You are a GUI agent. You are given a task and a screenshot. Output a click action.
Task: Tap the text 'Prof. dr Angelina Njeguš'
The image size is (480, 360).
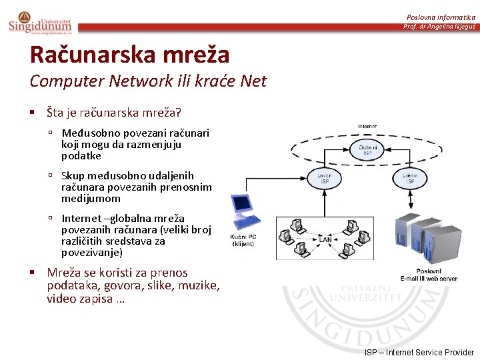click(439, 27)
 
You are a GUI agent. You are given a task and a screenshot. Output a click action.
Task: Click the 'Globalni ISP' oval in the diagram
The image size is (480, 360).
click(367, 150)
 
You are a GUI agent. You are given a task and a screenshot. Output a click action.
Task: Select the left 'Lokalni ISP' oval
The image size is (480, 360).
click(325, 178)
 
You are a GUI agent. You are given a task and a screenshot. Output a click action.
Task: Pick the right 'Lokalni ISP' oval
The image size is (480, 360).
click(409, 178)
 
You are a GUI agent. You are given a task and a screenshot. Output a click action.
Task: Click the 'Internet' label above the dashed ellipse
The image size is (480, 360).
click(367, 126)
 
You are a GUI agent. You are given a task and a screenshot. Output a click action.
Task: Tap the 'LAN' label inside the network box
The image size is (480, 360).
click(325, 239)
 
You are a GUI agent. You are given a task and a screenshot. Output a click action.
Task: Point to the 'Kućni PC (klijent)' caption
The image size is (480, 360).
click(243, 241)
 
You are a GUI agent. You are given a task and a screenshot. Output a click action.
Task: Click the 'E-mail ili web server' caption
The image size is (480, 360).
click(429, 278)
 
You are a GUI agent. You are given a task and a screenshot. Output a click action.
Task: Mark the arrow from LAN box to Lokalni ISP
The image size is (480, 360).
click(325, 205)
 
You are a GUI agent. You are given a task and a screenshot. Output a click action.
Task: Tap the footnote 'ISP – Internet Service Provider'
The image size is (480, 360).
click(419, 352)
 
